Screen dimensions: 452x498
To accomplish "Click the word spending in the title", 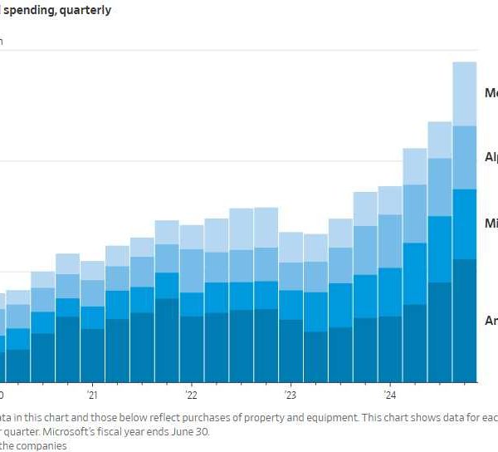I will click(x=33, y=11).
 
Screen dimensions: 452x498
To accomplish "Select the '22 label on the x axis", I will click(x=191, y=395).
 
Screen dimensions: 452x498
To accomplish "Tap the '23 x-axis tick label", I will click(x=290, y=395).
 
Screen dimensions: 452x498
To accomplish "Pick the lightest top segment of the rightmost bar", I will click(x=465, y=94).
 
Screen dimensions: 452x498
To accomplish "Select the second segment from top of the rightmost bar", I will click(x=465, y=158).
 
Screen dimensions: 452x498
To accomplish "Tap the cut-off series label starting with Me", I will click(x=491, y=93).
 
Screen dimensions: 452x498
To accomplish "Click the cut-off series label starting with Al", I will click(x=491, y=157).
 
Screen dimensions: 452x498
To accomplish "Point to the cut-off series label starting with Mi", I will click(x=491, y=224).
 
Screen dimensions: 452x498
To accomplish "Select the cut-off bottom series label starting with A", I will click(x=491, y=321).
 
